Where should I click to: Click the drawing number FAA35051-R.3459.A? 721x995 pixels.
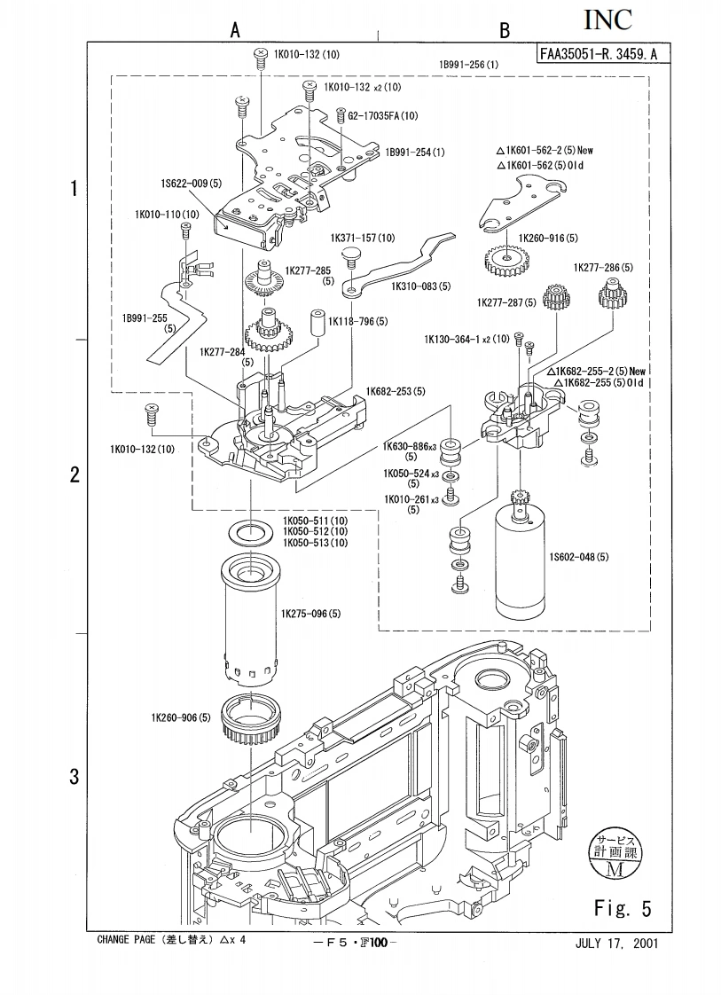point(599,54)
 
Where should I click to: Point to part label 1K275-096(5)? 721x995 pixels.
point(311,613)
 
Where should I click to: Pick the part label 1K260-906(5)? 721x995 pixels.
point(180,717)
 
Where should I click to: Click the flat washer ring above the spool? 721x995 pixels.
point(251,532)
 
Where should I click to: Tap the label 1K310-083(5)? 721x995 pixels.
point(421,286)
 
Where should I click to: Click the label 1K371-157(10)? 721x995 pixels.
point(363,239)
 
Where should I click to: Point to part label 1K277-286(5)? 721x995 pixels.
point(603,267)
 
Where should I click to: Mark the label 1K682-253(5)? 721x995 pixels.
point(396,391)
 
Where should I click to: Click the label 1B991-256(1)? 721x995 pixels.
point(468,65)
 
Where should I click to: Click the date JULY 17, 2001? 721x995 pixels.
point(611,943)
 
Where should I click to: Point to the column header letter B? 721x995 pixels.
point(505,31)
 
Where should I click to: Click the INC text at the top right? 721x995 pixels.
point(614,20)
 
